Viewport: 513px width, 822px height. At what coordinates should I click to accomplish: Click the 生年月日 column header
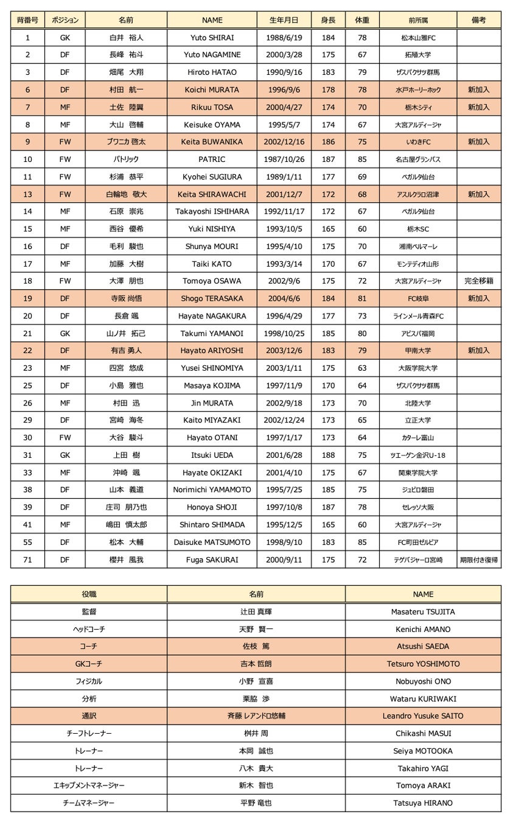pyautogui.click(x=284, y=20)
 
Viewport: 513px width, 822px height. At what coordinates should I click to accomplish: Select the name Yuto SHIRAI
pyautogui.click(x=212, y=38)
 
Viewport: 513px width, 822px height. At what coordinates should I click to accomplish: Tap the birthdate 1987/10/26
pyautogui.click(x=284, y=160)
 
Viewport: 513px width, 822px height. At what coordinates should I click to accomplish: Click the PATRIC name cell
pyautogui.click(x=212, y=160)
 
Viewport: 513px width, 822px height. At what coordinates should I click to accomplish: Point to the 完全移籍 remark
pyautogui.click(x=479, y=281)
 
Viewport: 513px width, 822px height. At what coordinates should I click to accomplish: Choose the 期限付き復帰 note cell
pyautogui.click(x=479, y=560)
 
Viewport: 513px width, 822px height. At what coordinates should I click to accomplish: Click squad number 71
pyautogui.click(x=27, y=560)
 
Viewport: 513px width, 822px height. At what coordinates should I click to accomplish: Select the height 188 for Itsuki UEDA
pyautogui.click(x=328, y=455)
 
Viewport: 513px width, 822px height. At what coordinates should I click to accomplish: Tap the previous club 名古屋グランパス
pyautogui.click(x=418, y=160)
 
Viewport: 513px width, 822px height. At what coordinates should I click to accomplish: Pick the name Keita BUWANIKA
pyautogui.click(x=212, y=142)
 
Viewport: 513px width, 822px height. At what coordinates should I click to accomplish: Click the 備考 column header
pyautogui.click(x=479, y=20)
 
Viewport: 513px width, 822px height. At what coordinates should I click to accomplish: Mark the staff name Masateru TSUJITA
pyautogui.click(x=423, y=612)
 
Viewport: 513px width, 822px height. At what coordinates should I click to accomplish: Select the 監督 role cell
pyautogui.click(x=89, y=612)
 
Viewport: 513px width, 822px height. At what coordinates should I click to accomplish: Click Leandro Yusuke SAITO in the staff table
pyautogui.click(x=423, y=716)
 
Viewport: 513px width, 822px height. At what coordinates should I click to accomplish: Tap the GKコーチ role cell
pyautogui.click(x=89, y=664)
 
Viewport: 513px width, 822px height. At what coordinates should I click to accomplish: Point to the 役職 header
pyautogui.click(x=89, y=594)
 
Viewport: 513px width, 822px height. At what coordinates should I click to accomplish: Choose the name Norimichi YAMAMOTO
pyautogui.click(x=212, y=490)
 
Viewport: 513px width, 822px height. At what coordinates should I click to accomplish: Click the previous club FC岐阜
pyautogui.click(x=418, y=299)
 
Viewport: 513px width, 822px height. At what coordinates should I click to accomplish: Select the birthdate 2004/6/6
pyautogui.click(x=284, y=299)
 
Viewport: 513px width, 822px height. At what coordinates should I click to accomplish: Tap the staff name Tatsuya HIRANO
pyautogui.click(x=423, y=803)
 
